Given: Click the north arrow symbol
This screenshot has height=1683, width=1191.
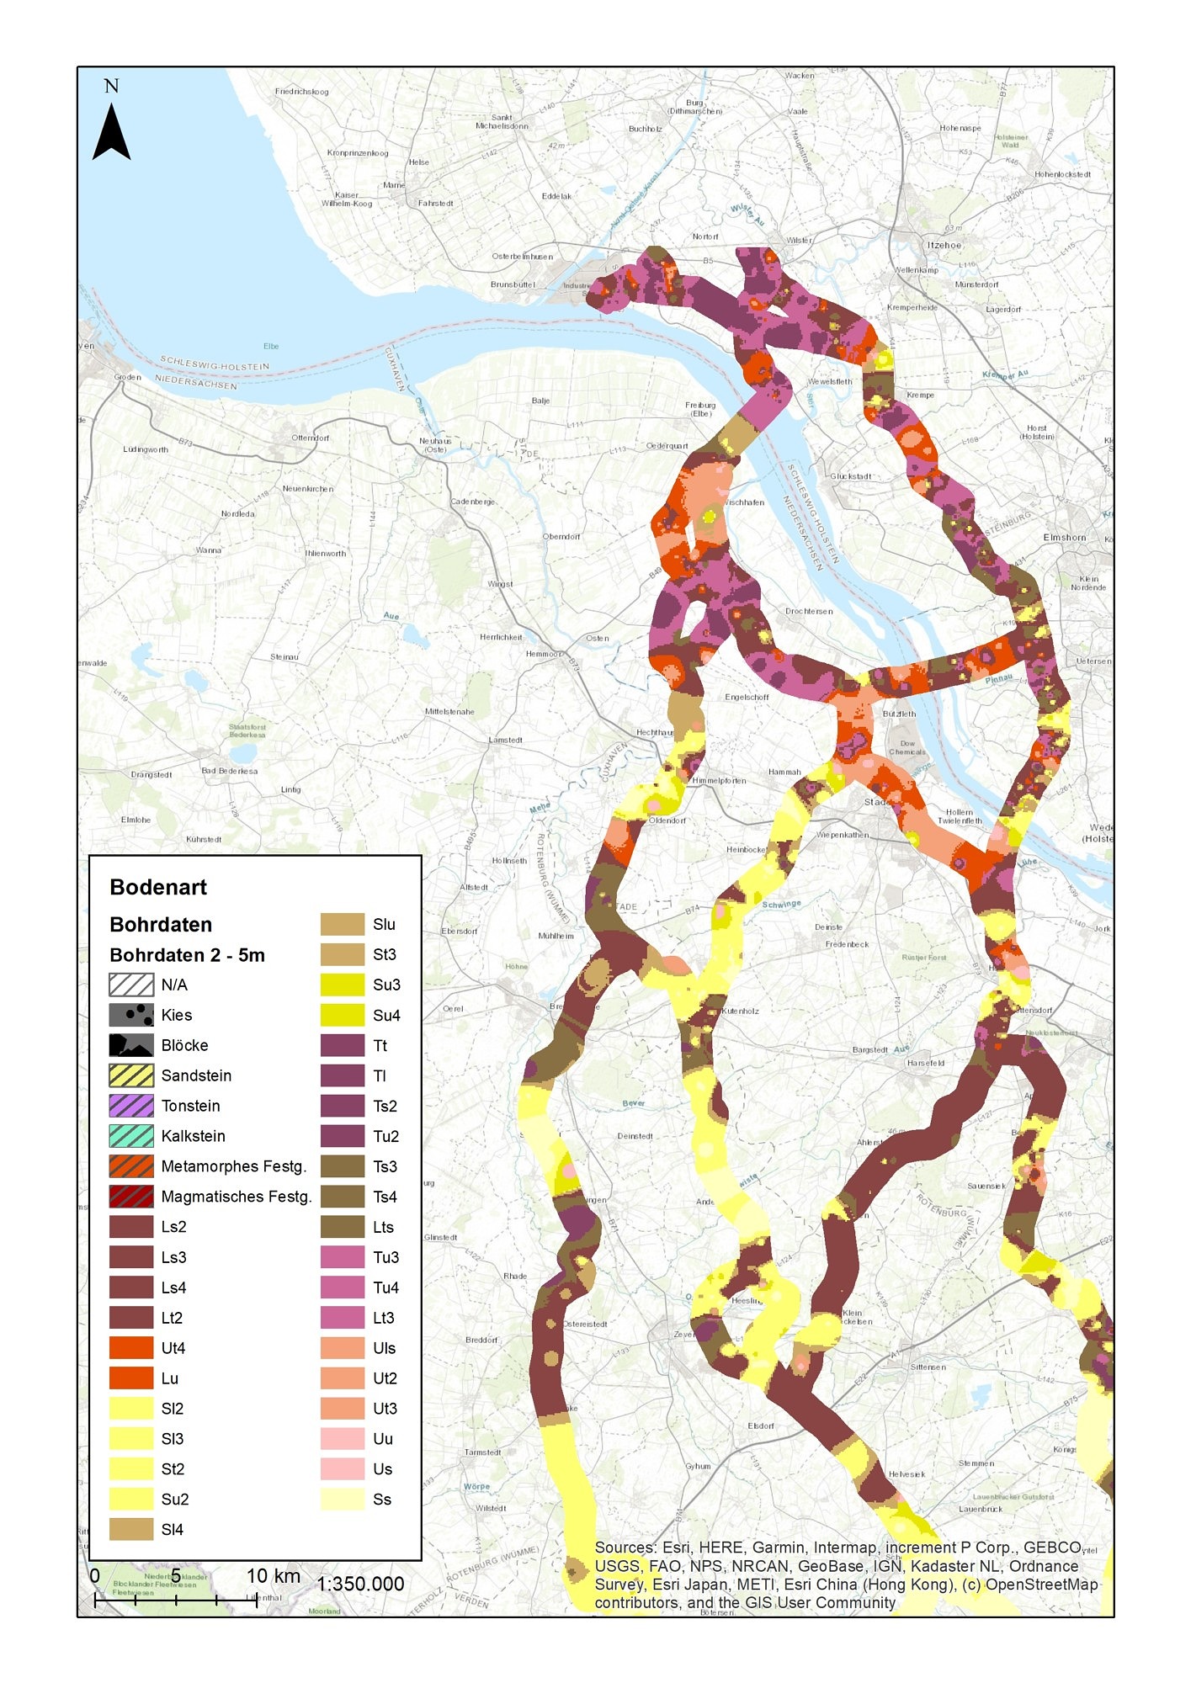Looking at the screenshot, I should click(x=111, y=131).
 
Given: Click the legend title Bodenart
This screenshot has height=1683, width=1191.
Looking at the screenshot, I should click(x=158, y=887).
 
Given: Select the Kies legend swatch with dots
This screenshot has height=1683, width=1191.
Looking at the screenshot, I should click(x=131, y=1015).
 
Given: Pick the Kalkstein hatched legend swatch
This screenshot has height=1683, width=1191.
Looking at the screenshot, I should click(x=131, y=1136).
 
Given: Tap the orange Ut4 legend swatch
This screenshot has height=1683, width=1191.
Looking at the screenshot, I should click(x=131, y=1348).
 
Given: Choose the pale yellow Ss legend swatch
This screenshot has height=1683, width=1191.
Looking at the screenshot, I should click(x=342, y=1500).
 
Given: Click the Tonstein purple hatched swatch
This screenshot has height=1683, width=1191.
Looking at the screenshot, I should click(x=131, y=1106).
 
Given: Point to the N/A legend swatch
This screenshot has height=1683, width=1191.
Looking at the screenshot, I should click(x=131, y=985).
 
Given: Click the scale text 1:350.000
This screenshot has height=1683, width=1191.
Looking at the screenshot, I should click(x=360, y=1584).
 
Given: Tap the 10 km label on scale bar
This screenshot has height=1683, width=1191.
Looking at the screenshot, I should click(x=273, y=1575).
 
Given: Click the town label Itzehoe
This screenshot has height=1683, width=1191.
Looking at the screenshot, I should click(x=944, y=245).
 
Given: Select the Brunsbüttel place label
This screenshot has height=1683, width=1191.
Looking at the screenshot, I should click(x=512, y=284).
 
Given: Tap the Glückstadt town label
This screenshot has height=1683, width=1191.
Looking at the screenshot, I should click(x=850, y=476).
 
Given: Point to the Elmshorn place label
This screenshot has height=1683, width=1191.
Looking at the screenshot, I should click(x=1064, y=537).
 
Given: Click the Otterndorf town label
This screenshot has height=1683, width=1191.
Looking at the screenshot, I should click(x=311, y=438).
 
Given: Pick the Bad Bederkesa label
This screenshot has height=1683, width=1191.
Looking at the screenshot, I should click(x=229, y=771).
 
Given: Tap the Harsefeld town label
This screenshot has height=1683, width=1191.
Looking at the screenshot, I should click(x=926, y=1063).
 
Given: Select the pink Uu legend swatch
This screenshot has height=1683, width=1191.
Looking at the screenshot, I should click(x=342, y=1439).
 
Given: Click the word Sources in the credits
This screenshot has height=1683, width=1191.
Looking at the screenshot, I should click(x=624, y=1547).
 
